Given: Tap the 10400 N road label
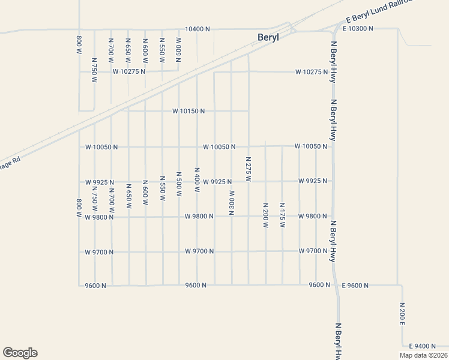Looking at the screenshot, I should tap(197, 29).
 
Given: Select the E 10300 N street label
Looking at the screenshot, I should tap(358, 28).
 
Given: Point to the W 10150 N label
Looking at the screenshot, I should tap(188, 111).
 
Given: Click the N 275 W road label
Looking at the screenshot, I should tap(248, 170).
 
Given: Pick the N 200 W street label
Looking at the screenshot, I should tap(265, 215).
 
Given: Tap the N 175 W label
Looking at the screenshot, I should tap(282, 215).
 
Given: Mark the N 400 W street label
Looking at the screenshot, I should tap(196, 179).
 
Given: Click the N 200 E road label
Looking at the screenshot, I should tap(402, 314).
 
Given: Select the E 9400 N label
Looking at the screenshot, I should tap(424, 346).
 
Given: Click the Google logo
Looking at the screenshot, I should tap(20, 353).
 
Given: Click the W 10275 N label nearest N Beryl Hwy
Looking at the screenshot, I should tap(312, 73).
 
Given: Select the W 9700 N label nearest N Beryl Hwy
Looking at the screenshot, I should tap(313, 251).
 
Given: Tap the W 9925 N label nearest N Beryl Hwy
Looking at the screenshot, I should tap(313, 181).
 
